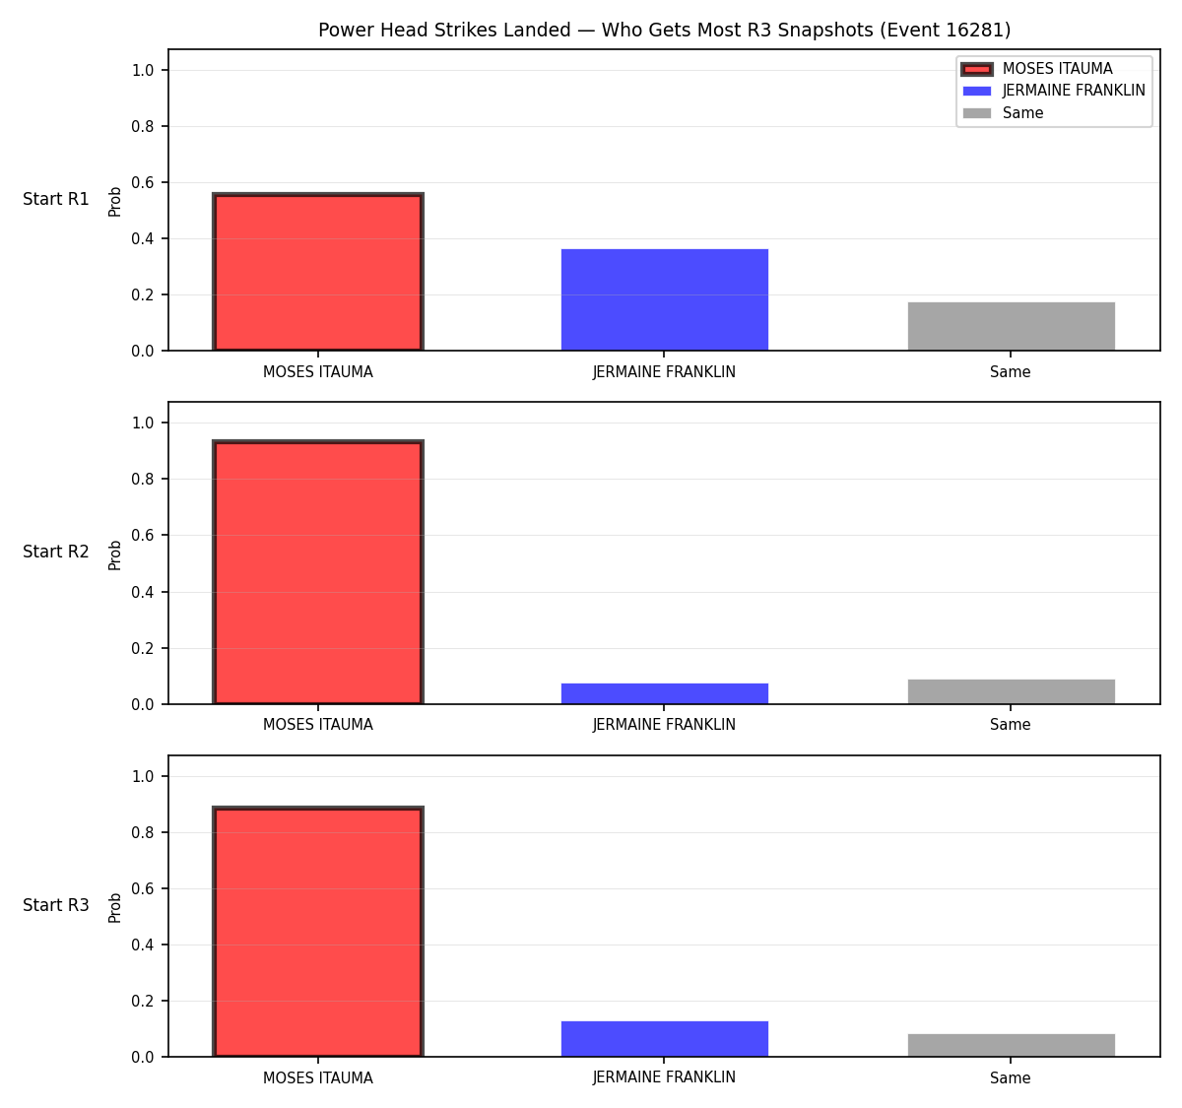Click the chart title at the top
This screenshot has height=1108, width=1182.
[664, 30]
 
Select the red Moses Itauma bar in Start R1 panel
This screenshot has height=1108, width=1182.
[318, 272]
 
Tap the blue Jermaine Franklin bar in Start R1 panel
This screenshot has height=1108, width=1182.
[664, 299]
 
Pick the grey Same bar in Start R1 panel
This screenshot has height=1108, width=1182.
[1011, 326]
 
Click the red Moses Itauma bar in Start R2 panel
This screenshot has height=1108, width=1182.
[318, 571]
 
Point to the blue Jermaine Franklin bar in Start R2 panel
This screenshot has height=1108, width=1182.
[664, 693]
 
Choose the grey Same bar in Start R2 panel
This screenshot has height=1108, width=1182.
[1011, 691]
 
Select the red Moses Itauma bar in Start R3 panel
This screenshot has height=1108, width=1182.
[318, 931]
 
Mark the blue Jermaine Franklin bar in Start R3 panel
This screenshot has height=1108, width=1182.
[664, 1039]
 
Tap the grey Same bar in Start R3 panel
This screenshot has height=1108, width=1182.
[1011, 1046]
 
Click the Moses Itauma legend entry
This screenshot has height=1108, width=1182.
[1036, 69]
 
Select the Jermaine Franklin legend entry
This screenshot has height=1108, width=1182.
[1053, 91]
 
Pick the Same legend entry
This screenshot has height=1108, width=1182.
[1003, 113]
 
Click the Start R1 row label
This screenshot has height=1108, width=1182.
[56, 199]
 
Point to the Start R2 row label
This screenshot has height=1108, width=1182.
[56, 552]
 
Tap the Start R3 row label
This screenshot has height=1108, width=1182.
[56, 905]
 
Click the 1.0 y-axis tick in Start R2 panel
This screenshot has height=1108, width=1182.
[142, 423]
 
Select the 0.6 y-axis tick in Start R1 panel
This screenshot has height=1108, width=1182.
[142, 182]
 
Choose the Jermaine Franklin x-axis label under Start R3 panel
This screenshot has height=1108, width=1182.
[664, 1077]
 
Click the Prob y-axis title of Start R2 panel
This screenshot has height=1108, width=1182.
[115, 554]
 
